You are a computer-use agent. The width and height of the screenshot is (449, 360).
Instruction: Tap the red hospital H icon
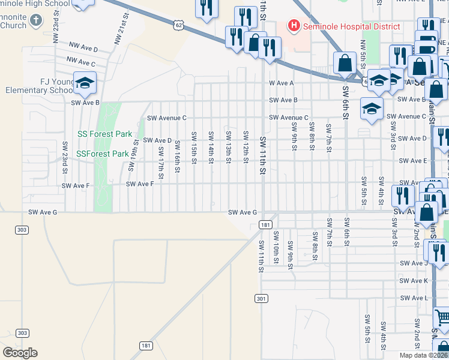tap(294, 26)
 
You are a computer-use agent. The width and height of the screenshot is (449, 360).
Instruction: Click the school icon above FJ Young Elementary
tap(85, 82)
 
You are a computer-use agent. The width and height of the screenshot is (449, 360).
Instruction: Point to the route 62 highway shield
tap(178, 25)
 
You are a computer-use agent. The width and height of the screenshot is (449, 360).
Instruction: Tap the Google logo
tap(20, 352)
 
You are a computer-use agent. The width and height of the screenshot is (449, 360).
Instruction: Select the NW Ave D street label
tap(83, 47)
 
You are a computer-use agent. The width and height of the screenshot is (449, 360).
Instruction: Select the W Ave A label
tap(282, 83)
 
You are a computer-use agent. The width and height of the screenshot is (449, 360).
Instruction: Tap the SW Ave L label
tap(414, 298)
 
